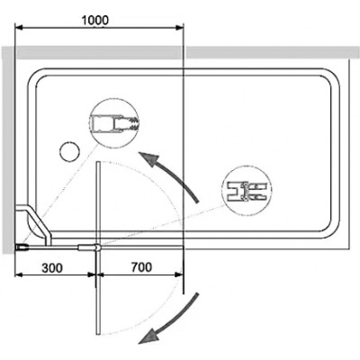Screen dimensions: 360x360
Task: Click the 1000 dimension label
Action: point(95,20)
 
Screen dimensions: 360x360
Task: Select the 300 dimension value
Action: point(52,268)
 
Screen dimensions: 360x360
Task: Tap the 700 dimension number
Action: point(141,267)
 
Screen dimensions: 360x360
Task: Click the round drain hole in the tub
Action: point(69,151)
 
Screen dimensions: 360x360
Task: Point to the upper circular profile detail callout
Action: point(114,123)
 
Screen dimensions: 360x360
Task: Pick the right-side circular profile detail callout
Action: point(247,191)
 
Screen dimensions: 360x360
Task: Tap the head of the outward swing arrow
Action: point(148,337)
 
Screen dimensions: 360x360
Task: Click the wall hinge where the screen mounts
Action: point(22,247)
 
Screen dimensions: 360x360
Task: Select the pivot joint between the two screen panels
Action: point(97,247)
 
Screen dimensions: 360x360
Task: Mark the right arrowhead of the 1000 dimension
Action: point(179,28)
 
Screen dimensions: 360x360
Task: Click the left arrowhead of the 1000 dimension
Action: point(19,28)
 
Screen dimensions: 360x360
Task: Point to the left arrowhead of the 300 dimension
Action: point(19,274)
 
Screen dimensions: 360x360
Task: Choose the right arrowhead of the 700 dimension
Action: point(179,274)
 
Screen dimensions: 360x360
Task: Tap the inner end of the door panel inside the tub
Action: point(97,162)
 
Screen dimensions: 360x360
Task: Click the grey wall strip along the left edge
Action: point(8,150)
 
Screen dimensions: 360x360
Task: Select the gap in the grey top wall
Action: point(184,53)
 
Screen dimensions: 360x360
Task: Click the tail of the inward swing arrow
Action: point(197,202)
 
